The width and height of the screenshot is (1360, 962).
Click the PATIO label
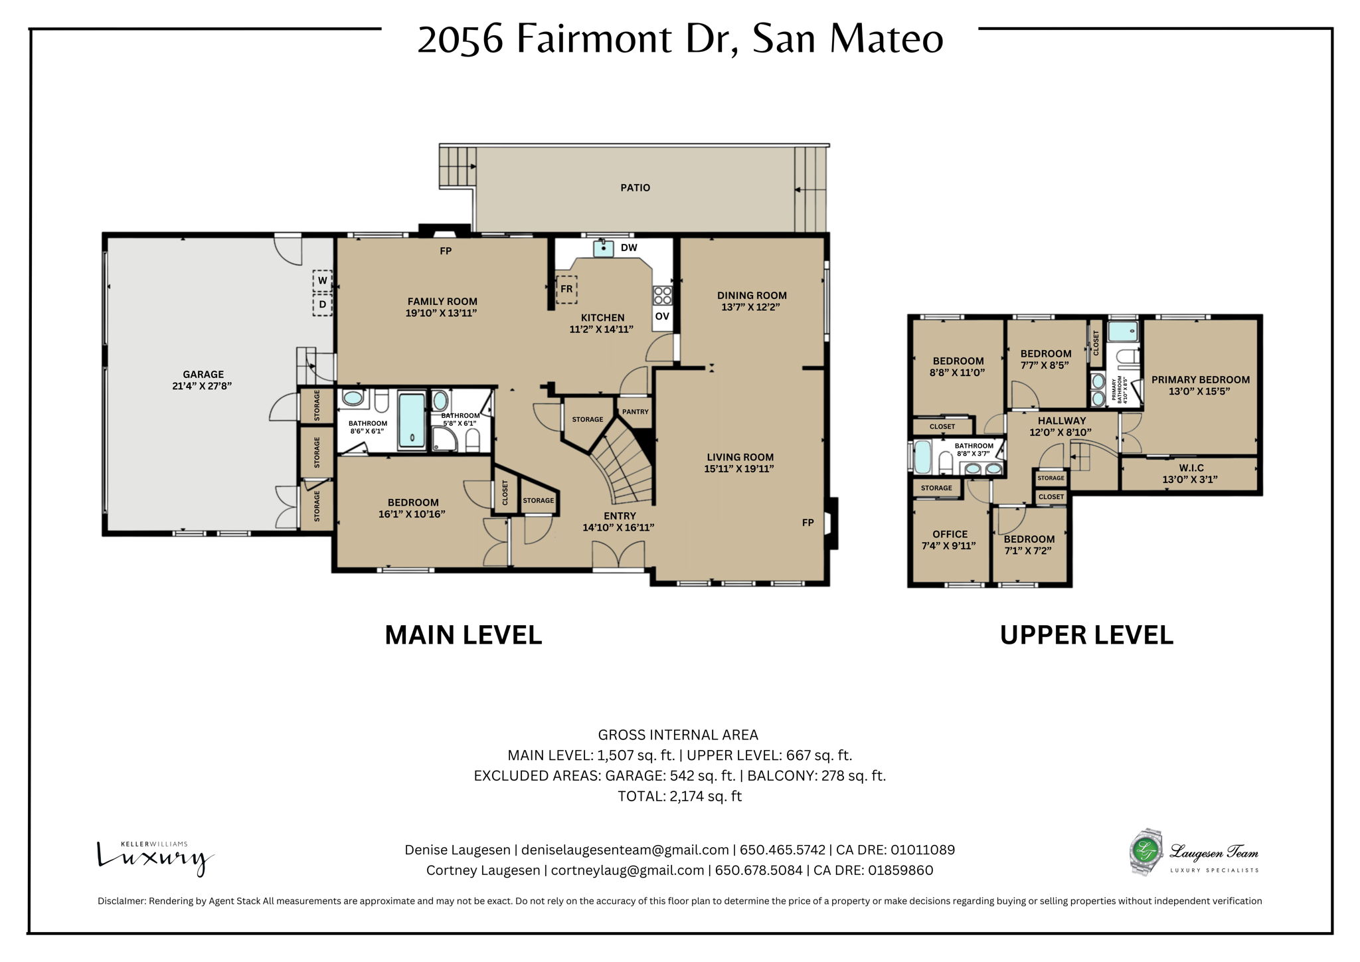pos(635,188)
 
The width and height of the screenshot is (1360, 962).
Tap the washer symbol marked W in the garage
pos(323,280)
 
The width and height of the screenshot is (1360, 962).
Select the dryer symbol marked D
pos(323,305)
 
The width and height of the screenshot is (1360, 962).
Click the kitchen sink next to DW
pos(603,248)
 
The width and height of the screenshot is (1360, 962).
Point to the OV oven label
pos(662,317)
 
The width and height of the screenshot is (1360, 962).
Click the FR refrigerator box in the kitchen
pos(566,289)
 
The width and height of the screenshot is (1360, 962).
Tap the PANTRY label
pos(635,412)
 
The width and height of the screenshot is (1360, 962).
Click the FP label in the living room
pos(807,523)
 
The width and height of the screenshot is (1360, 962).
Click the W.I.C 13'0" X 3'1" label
pos(1191,474)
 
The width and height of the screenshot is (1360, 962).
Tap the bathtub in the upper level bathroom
pos(922,458)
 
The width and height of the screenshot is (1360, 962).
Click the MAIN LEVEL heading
pos(464,635)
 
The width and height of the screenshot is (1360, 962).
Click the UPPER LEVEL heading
pos(1086,635)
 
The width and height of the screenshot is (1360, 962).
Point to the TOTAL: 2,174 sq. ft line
pos(679,796)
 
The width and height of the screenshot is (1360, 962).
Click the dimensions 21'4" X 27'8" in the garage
pos(203,385)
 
